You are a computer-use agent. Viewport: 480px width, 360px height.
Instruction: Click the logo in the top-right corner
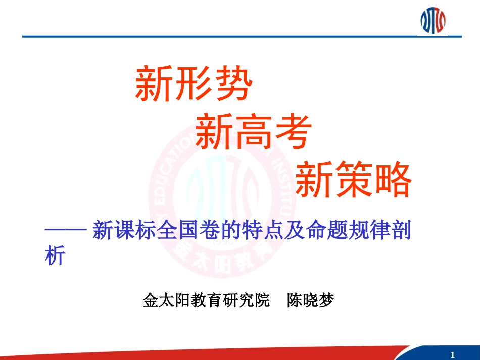point(433,20)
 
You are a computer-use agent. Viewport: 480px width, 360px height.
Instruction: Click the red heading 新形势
point(194,83)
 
